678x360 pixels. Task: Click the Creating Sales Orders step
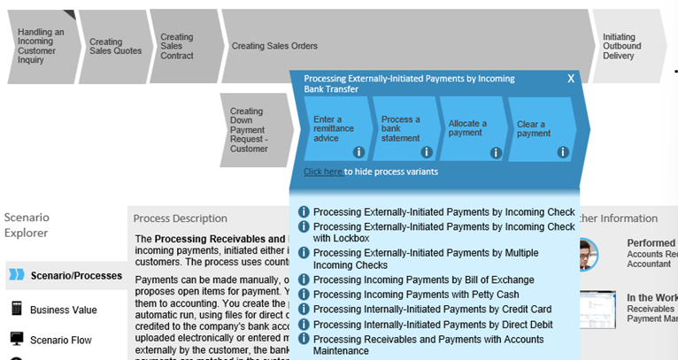click(274, 46)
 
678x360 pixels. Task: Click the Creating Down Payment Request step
click(249, 130)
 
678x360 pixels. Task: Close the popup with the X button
click(571, 79)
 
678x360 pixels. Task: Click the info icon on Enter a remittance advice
click(358, 152)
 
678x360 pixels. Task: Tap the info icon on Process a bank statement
click(427, 152)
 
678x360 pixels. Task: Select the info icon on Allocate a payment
click(496, 152)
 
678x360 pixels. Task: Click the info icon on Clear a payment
click(563, 152)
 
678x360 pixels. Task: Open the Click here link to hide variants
click(323, 172)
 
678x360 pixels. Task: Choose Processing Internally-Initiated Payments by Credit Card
click(432, 309)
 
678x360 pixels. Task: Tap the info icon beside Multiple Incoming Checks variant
click(304, 253)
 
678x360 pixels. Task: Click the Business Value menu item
click(65, 310)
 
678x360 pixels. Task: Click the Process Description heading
click(181, 218)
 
